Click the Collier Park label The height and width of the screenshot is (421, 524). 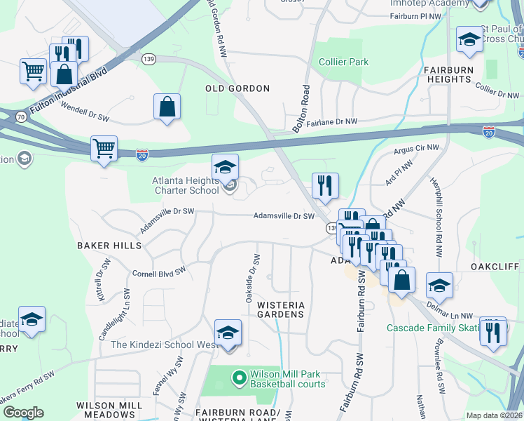[343, 62]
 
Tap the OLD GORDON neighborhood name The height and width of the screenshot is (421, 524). [237, 88]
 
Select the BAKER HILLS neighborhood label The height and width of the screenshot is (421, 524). [109, 246]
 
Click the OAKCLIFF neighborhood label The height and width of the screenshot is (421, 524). [495, 267]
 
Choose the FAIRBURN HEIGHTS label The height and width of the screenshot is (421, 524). [457, 75]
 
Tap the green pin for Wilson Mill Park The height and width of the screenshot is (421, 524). [240, 378]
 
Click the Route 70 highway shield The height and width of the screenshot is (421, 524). [22, 116]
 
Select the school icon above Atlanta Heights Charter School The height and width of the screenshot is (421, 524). [225, 167]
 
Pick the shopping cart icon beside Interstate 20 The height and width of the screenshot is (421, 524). [104, 149]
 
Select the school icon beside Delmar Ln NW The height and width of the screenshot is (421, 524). [439, 285]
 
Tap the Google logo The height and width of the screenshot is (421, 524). [23, 413]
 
